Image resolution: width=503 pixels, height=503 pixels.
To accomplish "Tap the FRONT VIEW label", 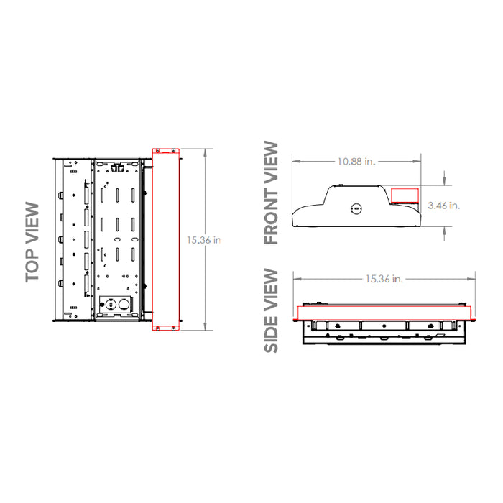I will pyautogui.click(x=271, y=193).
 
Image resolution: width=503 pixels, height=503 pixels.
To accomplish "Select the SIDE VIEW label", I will pyautogui.click(x=271, y=310).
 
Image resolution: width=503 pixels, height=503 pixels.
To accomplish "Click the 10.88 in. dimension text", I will pyautogui.click(x=356, y=162).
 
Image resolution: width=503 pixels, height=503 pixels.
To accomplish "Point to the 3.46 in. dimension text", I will pyautogui.click(x=443, y=206).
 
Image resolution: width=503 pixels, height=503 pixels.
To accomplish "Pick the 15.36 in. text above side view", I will pyautogui.click(x=384, y=279).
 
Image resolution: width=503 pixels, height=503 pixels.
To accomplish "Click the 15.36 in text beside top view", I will pyautogui.click(x=203, y=240).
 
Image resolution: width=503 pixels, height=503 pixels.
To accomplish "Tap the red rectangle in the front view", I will pyautogui.click(x=404, y=196).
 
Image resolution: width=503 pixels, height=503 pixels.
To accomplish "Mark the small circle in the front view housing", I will pyautogui.click(x=354, y=209).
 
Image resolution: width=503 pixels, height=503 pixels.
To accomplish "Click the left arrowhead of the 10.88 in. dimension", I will pyautogui.click(x=294, y=162).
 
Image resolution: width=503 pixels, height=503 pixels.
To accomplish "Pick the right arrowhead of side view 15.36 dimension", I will pyautogui.click(x=473, y=279).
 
